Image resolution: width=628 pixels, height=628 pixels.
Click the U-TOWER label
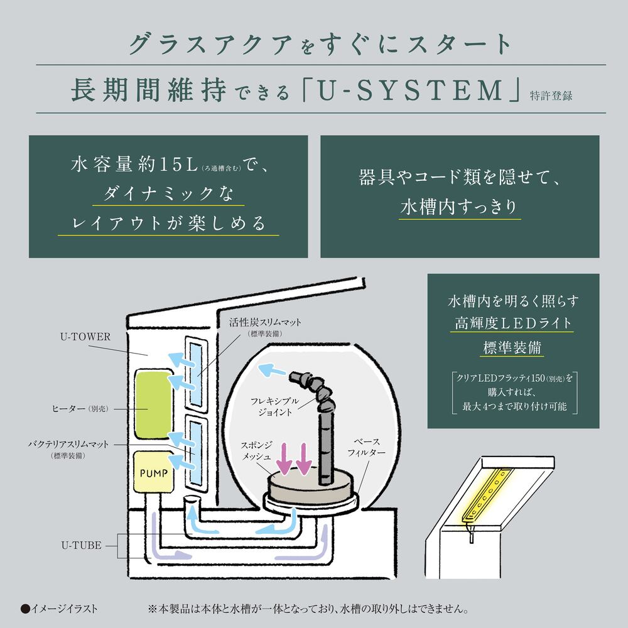pos(87,337)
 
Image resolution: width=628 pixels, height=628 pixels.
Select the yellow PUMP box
pos(153,472)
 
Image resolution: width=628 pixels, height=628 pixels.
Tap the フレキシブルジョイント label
pos(271,406)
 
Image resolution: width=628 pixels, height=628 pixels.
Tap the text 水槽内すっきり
pos(460,208)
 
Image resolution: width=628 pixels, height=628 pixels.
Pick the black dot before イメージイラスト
pos(25,609)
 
